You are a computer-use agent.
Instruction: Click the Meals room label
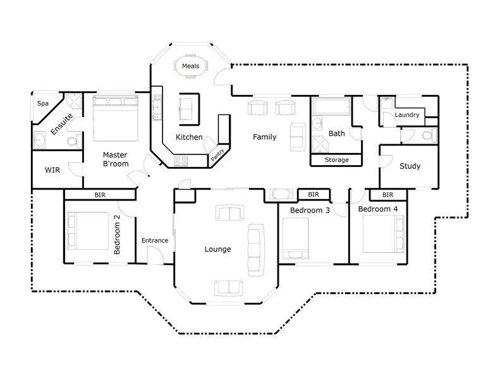[x=190, y=66]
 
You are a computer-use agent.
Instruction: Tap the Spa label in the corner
[x=43, y=103]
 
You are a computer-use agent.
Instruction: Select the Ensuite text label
[x=62, y=123]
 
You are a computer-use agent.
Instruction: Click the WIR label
[x=52, y=170]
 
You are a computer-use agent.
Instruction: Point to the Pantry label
[x=218, y=156]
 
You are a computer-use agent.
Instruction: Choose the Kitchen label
[x=189, y=137]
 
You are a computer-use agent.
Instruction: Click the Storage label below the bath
[x=336, y=160]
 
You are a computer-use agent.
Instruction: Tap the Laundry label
[x=407, y=115]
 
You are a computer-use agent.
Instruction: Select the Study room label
[x=410, y=166]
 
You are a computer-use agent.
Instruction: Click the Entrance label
[x=155, y=240]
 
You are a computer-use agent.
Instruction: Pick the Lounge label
[x=217, y=249]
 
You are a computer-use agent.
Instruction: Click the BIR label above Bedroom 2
[x=100, y=195]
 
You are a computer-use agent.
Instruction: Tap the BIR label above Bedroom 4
[x=387, y=195]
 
